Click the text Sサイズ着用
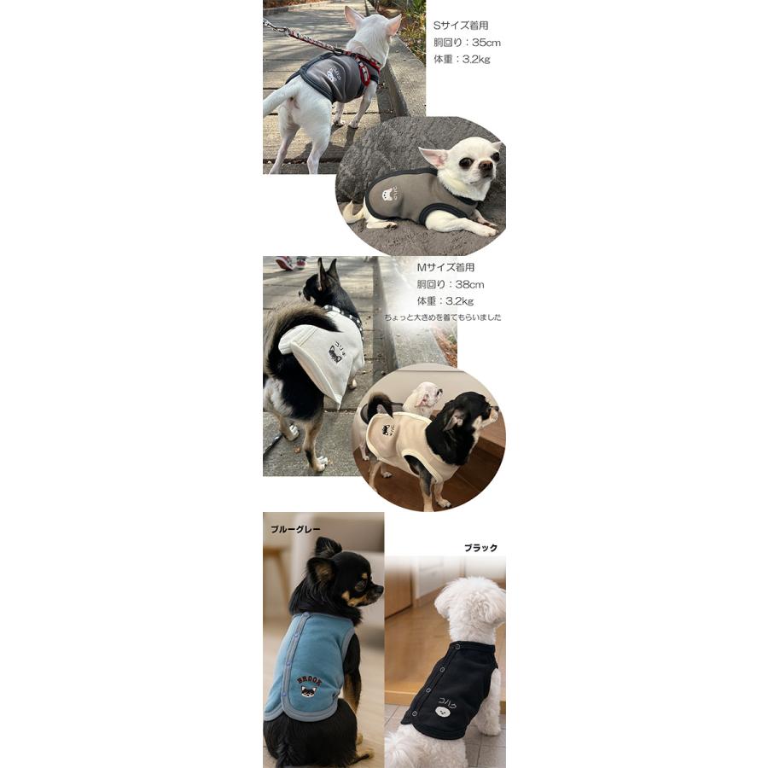coord(461,26)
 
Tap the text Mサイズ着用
coord(451,267)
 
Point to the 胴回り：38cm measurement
coord(450,284)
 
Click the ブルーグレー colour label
coord(295,529)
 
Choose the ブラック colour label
coord(480,548)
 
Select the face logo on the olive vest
coord(390,194)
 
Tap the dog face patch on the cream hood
coord(335,353)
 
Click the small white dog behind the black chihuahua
coord(424,397)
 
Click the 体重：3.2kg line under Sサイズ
coord(462,60)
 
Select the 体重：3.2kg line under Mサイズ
coord(445,301)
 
